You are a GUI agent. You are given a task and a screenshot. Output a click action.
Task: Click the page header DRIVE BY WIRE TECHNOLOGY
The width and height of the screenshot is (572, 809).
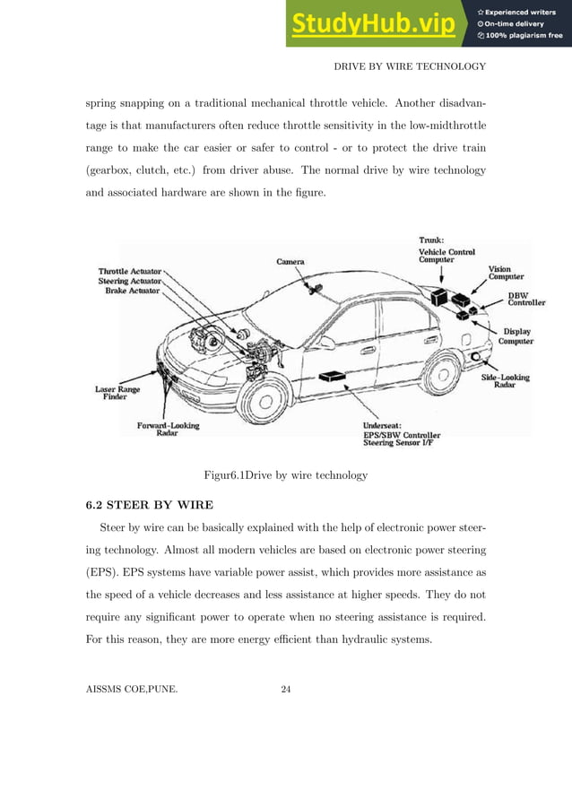[x=409, y=66]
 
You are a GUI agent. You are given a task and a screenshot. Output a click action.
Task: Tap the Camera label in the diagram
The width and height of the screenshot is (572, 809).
[x=290, y=262]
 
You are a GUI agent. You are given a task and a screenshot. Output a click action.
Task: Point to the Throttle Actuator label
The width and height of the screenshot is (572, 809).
[x=130, y=270]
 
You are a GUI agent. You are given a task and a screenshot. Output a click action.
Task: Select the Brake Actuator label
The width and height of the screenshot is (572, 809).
[x=132, y=291]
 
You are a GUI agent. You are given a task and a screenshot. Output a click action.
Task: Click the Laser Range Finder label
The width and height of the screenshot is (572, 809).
[x=116, y=395]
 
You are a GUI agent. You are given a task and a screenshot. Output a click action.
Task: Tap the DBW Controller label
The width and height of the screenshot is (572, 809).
[x=526, y=299]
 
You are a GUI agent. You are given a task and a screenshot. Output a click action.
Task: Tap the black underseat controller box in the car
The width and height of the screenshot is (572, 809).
[x=334, y=377]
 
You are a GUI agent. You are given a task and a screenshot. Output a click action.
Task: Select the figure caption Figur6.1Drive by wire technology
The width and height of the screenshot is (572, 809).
[x=286, y=474]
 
